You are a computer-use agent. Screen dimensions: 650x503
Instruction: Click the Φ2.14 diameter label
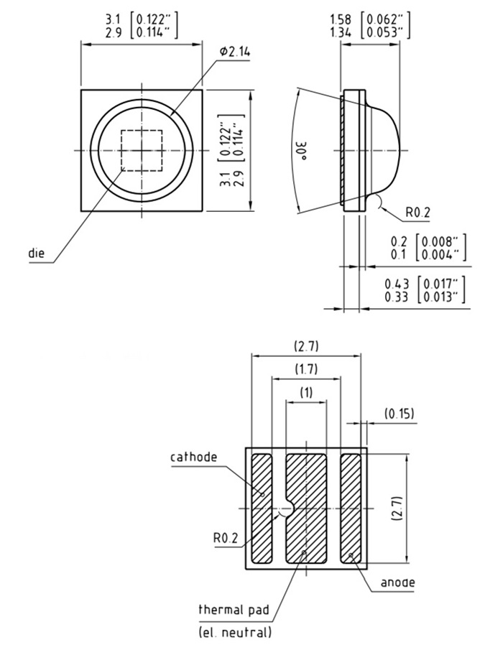[x=236, y=52]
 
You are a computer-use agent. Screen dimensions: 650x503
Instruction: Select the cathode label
[x=193, y=457]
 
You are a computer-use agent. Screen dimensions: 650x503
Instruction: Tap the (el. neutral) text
[x=235, y=632]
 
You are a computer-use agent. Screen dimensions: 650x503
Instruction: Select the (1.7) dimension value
[x=305, y=369]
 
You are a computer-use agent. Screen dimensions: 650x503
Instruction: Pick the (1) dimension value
[x=305, y=393]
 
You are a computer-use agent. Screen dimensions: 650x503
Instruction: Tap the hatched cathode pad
[x=262, y=507]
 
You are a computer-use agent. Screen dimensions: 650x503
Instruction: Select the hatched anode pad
[x=351, y=507]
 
